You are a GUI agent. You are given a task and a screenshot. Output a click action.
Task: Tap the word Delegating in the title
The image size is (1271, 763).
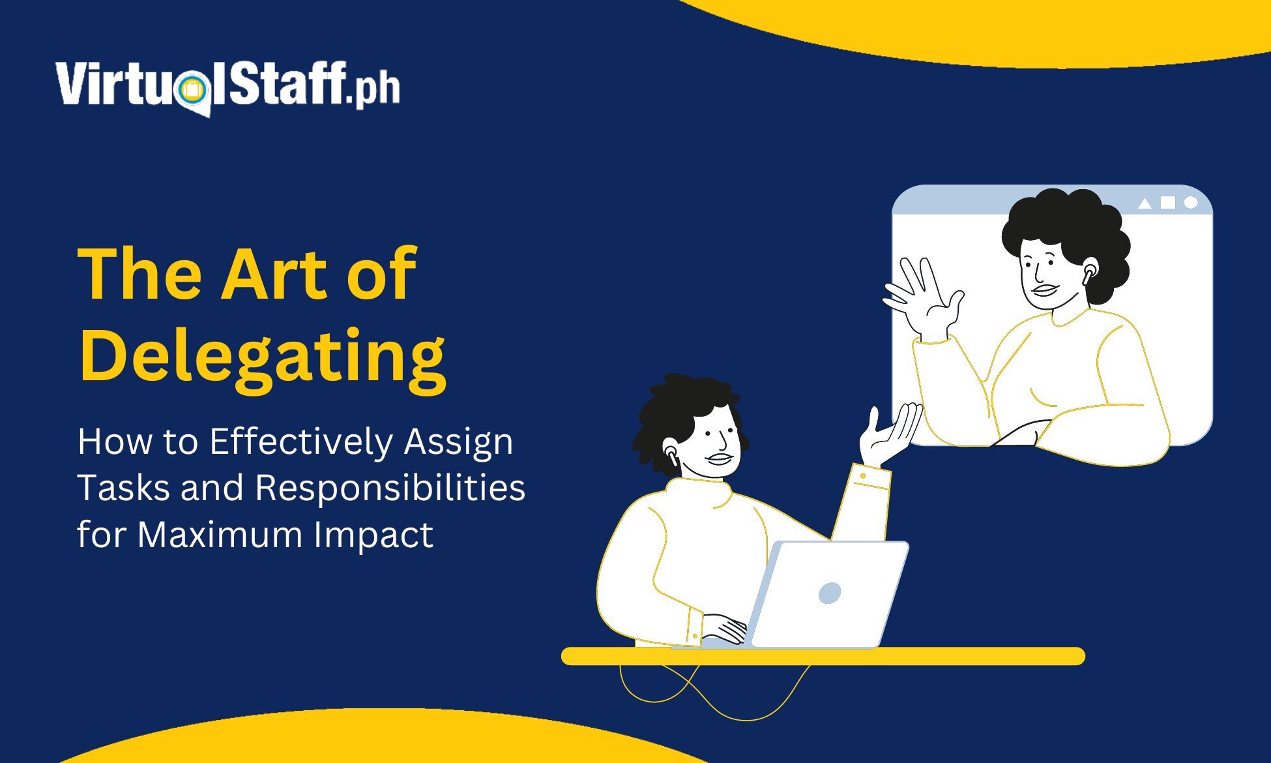click(262, 358)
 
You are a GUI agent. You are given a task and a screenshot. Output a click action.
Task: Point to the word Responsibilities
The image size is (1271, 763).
click(390, 487)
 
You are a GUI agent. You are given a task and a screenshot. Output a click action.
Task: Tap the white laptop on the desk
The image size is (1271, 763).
click(828, 594)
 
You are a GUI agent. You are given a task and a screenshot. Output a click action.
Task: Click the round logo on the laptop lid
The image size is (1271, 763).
click(830, 593)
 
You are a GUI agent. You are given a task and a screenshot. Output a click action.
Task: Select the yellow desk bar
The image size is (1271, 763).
click(823, 656)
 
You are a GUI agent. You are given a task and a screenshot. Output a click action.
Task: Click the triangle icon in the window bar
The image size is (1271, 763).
click(1145, 203)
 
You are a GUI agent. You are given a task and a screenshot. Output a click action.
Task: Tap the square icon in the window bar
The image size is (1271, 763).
click(1168, 203)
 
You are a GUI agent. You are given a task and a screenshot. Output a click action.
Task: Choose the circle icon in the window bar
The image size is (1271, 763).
click(1191, 203)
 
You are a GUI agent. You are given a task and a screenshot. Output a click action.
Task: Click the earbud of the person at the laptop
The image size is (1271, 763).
click(671, 454)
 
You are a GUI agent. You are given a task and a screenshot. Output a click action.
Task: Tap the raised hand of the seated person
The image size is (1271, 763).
click(890, 434)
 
